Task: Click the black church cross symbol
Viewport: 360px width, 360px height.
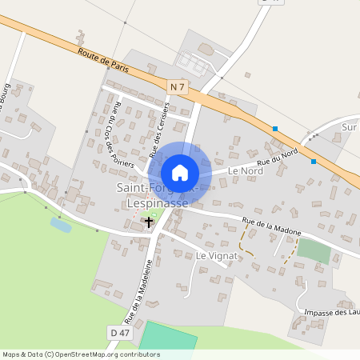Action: [149, 221]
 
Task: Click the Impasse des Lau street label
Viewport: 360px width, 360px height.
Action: [328, 312]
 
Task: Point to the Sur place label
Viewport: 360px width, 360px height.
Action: [349, 126]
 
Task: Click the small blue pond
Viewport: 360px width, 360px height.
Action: [61, 224]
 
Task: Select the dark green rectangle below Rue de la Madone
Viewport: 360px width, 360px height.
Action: [314, 250]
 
